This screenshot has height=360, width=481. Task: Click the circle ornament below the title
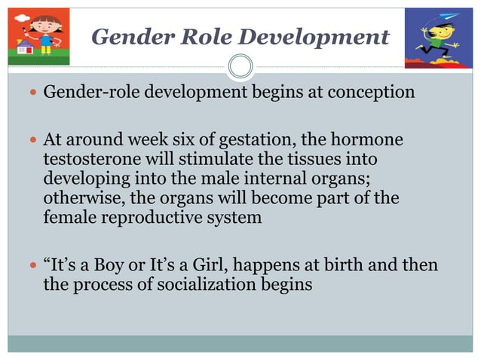[240, 66]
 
